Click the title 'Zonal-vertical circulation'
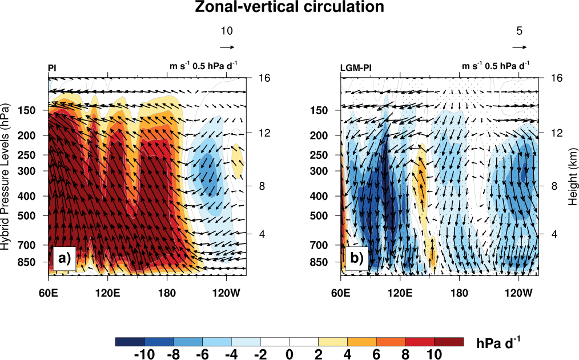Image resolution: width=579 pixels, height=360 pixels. coord(289,8)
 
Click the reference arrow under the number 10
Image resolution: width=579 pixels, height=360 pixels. coord(227,47)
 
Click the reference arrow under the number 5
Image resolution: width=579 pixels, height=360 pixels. coord(519,47)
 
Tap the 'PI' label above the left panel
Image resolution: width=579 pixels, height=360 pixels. coord(52,67)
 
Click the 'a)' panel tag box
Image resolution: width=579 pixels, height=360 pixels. coord(63,259)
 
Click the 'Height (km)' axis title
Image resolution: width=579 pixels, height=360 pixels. coord(572,177)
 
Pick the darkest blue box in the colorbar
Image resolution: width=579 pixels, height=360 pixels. coord(130,341)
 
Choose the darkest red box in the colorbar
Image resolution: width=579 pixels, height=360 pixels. coord(449,341)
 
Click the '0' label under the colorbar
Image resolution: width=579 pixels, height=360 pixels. coord(289,354)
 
